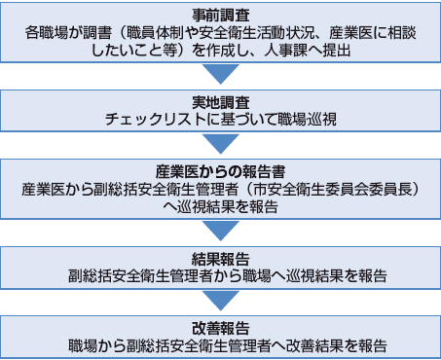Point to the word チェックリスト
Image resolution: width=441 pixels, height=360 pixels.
point(151,119)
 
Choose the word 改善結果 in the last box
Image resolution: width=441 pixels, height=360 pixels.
point(317,344)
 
